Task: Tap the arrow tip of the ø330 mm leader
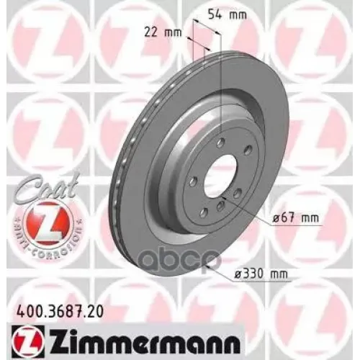207,266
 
